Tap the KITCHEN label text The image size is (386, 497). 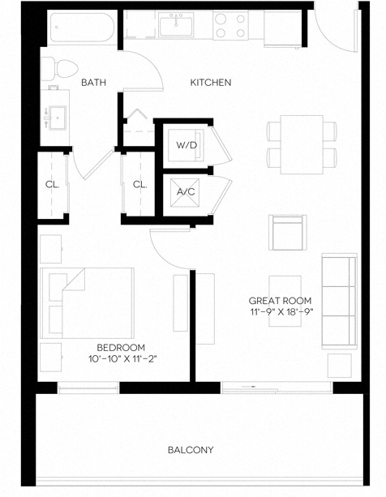pyautogui.click(x=211, y=82)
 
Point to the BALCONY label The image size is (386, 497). pyautogui.click(x=191, y=449)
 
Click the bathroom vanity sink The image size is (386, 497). pyautogui.click(x=58, y=115)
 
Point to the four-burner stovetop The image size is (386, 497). pyautogui.click(x=230, y=26)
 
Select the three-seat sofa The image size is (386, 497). pyautogui.click(x=339, y=299)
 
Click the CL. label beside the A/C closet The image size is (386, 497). pyautogui.click(x=139, y=184)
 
